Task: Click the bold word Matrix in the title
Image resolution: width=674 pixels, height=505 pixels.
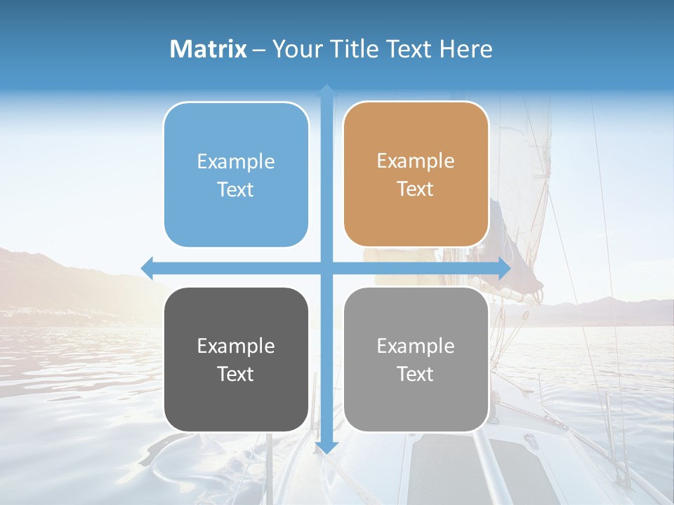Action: (x=209, y=49)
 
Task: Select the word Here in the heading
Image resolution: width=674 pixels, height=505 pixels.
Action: (x=465, y=49)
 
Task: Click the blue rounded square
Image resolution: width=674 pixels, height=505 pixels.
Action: (x=236, y=175)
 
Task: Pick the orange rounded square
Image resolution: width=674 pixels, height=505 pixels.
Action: (x=416, y=174)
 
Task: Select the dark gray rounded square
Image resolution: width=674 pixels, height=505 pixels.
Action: (x=236, y=359)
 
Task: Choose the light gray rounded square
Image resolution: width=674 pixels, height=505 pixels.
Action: (x=416, y=359)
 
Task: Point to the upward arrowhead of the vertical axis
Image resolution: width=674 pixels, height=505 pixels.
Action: (x=326, y=90)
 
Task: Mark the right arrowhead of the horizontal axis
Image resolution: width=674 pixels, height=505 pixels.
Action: (x=505, y=268)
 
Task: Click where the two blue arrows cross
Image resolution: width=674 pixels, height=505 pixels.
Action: (x=326, y=268)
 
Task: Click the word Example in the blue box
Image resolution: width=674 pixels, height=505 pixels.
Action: (x=236, y=161)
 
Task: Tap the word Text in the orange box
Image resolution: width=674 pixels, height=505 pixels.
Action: (x=416, y=189)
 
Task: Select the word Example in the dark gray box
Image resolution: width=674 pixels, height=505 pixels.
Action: (x=236, y=346)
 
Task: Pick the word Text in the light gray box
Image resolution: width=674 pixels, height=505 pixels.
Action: (x=416, y=374)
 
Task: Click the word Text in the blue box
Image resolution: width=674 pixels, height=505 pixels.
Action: (x=236, y=190)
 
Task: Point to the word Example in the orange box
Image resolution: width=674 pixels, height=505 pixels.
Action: (x=416, y=161)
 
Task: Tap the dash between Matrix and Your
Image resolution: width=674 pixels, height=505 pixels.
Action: (x=259, y=50)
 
